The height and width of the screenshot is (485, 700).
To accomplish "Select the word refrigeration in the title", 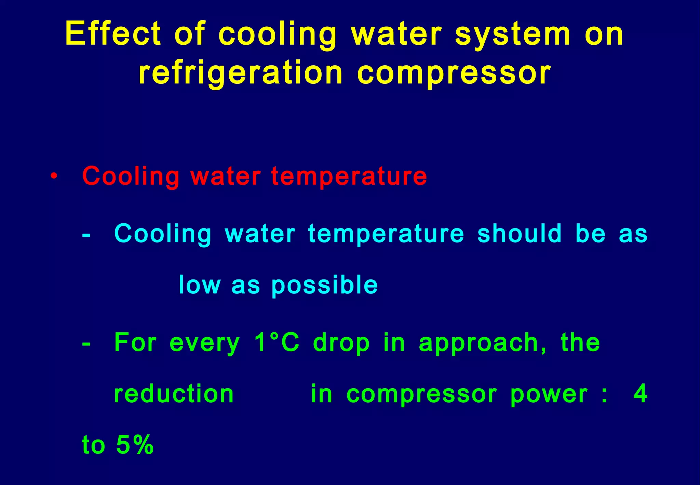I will coord(241,74).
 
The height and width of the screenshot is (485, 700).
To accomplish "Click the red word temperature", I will coord(349,177).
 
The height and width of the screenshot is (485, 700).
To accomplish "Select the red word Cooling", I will coord(131,177).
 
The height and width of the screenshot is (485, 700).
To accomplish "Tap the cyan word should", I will coord(520,234).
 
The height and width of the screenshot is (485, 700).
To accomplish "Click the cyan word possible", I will coord(325,286).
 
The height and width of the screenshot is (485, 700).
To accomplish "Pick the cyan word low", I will coord(200,285).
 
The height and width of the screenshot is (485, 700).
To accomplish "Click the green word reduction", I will coord(174,394).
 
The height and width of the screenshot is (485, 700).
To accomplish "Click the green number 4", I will coord(640,394).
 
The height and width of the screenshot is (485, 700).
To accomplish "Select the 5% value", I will coord(135,445).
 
